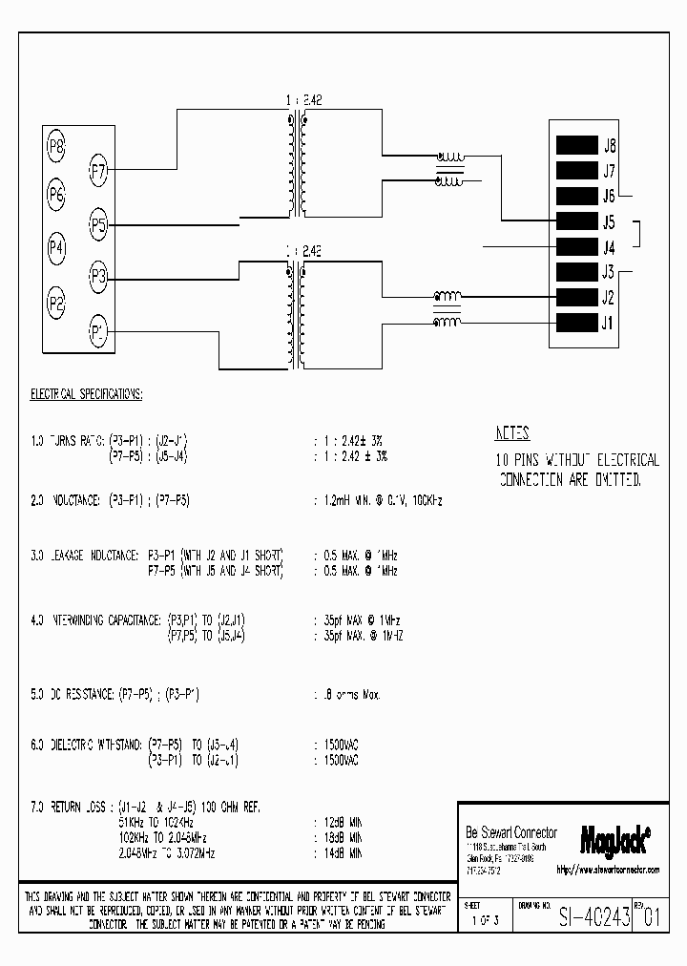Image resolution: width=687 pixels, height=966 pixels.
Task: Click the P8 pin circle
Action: pyautogui.click(x=56, y=147)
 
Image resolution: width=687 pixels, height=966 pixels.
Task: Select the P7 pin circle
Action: pyautogui.click(x=98, y=172)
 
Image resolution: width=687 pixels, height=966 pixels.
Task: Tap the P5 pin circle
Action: pyautogui.click(x=98, y=225)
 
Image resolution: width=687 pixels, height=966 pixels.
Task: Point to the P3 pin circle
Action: pyautogui.click(x=98, y=278)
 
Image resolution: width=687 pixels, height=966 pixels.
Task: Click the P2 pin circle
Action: pyautogui.click(x=56, y=304)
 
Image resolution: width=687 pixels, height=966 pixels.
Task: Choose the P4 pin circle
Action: pyautogui.click(x=56, y=249)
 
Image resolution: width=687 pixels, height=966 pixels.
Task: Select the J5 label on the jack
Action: pyautogui.click(x=609, y=221)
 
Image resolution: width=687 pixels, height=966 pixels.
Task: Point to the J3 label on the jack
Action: pyautogui.click(x=609, y=272)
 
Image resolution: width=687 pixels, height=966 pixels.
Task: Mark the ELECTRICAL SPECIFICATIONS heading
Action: pyautogui.click(x=87, y=392)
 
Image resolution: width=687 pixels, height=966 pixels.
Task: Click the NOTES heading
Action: pyautogui.click(x=513, y=433)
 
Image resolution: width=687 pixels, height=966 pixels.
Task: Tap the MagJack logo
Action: pyautogui.click(x=614, y=837)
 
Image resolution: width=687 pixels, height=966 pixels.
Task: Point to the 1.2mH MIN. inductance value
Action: pyautogui.click(x=347, y=500)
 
